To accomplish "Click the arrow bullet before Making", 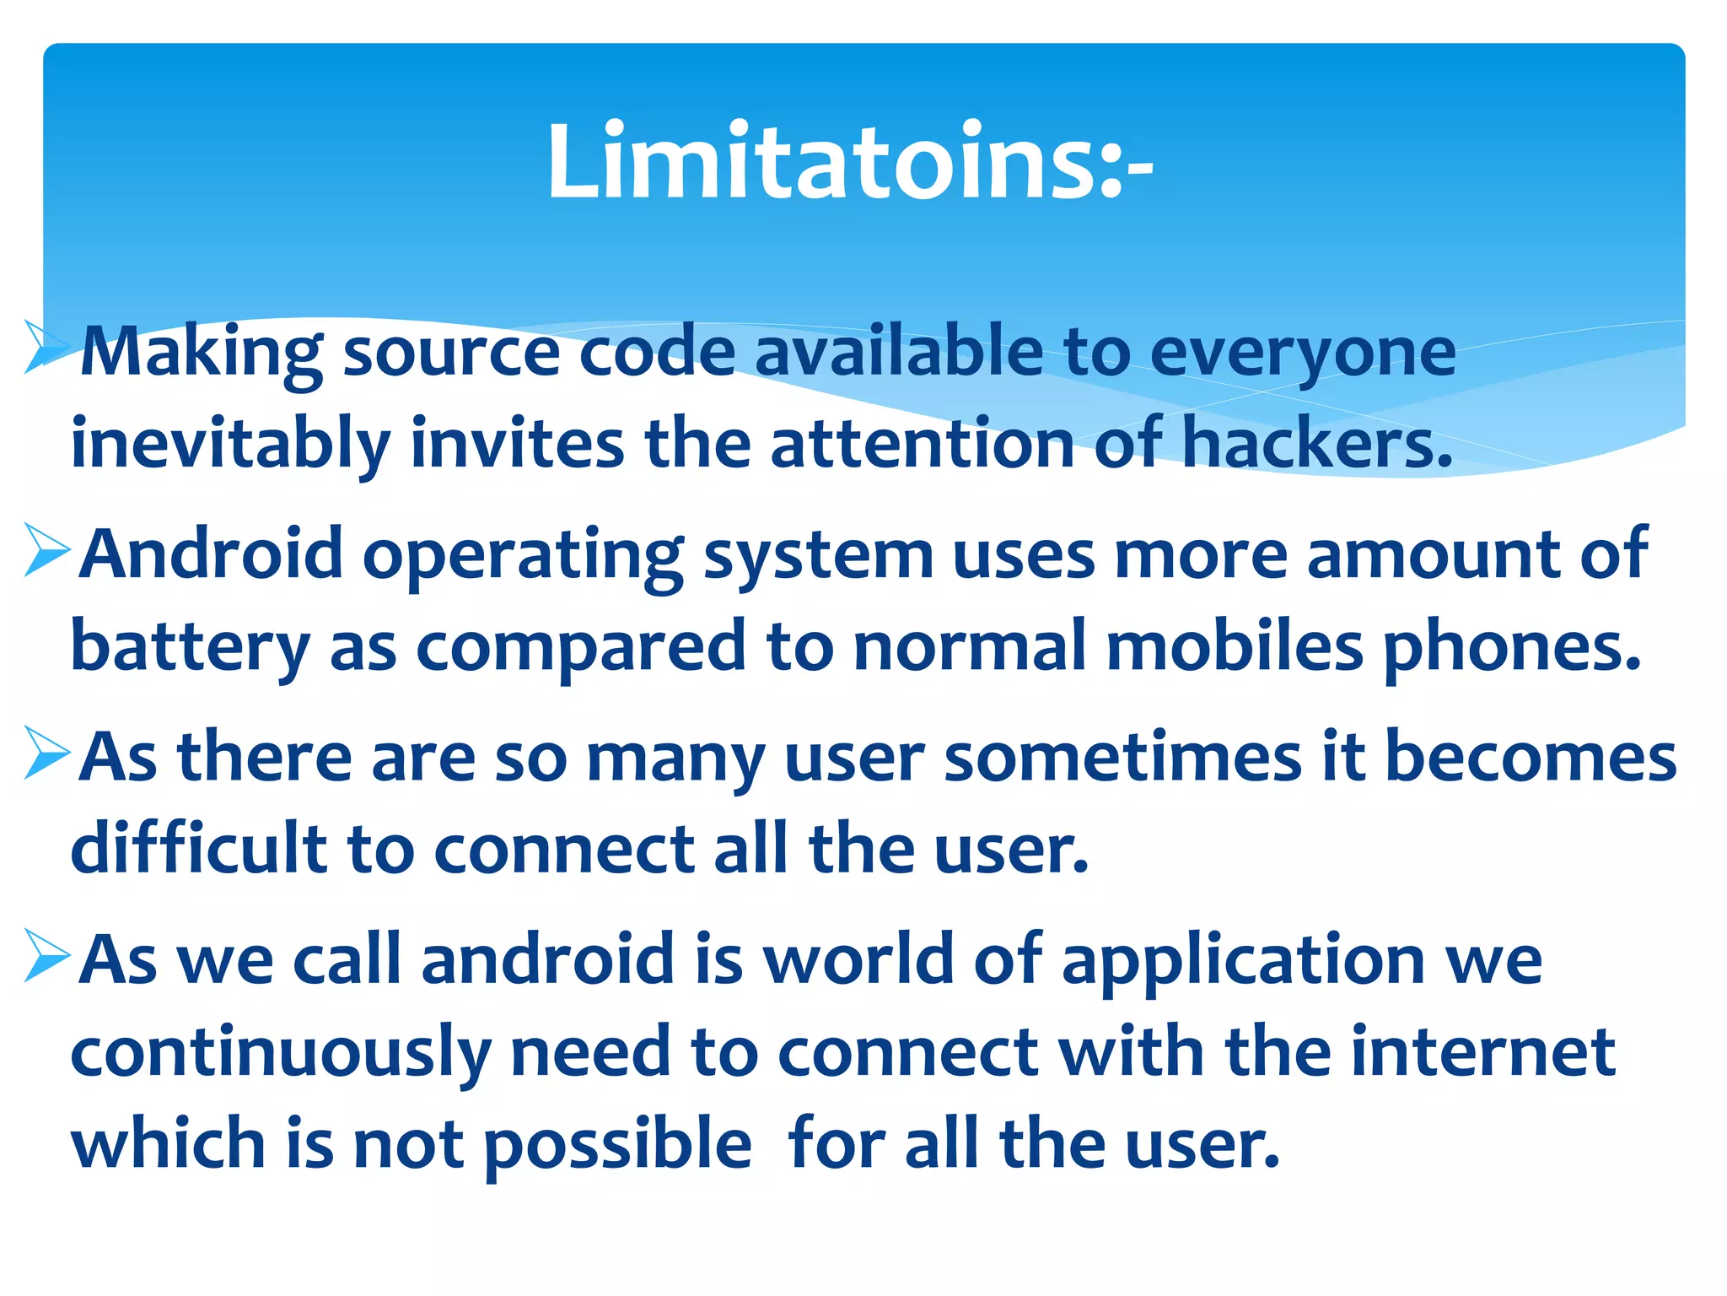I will [47, 347].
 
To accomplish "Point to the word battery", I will [191, 647].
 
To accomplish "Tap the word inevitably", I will [230, 445].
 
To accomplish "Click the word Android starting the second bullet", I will [211, 554].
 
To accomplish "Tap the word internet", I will [1483, 1052].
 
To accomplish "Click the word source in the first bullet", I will [451, 353].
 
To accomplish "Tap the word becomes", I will [1531, 757].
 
